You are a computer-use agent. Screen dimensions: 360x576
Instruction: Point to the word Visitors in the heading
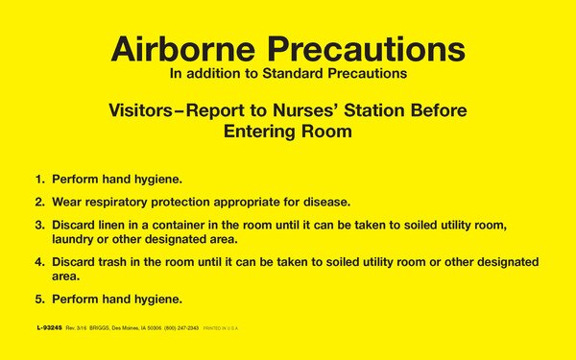pyautogui.click(x=143, y=111)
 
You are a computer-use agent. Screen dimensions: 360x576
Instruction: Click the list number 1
pyautogui.click(x=39, y=180)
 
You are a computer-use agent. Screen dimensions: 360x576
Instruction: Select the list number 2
pyautogui.click(x=39, y=203)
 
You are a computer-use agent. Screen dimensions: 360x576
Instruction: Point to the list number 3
pyautogui.click(x=39, y=226)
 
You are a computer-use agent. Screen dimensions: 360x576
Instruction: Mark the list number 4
pyautogui.click(x=39, y=262)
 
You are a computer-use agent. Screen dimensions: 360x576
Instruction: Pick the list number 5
pyautogui.click(x=39, y=299)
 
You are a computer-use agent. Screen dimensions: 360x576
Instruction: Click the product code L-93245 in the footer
pyautogui.click(x=50, y=328)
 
